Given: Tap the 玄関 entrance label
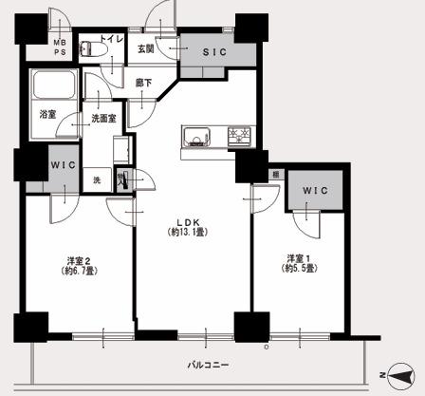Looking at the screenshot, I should pos(145,47).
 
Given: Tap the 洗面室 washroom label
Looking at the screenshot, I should pos(103,119).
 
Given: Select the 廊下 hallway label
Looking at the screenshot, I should pos(143,83).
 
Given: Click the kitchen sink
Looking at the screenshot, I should pos(197,136).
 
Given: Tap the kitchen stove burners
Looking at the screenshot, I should pos(242,136).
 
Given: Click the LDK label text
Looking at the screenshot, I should pos(184,219).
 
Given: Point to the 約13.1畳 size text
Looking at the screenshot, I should pos(184,232).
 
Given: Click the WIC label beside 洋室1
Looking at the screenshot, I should pos(316,191).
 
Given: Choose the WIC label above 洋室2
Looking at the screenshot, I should pos(63,164).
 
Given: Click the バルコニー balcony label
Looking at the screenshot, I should pos(208,365).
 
